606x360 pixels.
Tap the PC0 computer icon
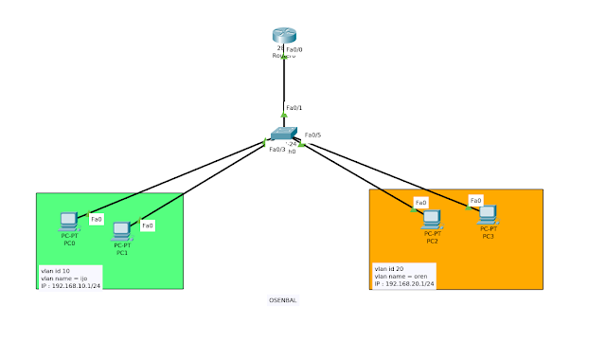69,221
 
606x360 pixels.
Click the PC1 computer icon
121,230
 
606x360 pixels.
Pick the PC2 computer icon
432,219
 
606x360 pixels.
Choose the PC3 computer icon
488,214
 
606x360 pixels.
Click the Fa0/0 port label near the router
294,48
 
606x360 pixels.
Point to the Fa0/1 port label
294,108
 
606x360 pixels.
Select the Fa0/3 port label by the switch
276,149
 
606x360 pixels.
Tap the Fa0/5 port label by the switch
313,135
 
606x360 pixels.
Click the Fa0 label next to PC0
96,220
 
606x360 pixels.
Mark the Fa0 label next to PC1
148,225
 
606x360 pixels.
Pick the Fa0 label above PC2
421,202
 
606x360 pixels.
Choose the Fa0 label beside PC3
475,200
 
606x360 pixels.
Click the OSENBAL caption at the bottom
283,300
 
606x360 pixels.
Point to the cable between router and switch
283,85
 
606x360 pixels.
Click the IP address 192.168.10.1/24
70,284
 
